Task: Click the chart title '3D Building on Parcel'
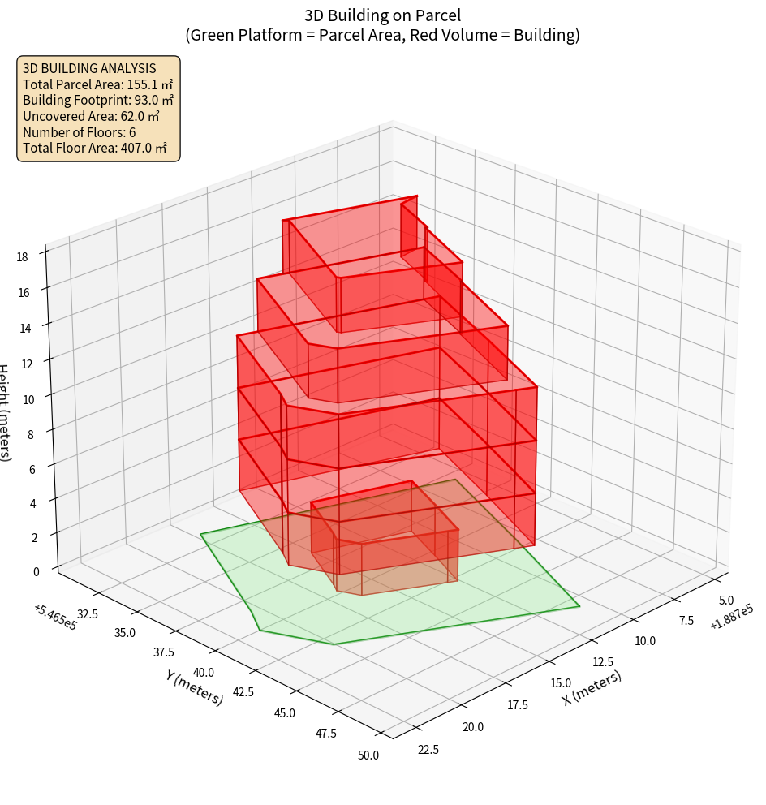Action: tap(383, 15)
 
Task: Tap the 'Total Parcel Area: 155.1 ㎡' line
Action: tap(98, 84)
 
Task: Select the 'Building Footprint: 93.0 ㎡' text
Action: tap(98, 101)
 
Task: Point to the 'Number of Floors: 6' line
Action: tap(80, 132)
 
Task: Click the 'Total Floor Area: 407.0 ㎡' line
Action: tap(95, 149)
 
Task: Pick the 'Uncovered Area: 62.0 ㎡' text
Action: tap(91, 117)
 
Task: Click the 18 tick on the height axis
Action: tap(22, 256)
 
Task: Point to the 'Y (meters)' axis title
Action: tap(195, 687)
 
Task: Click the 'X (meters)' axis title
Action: tap(592, 687)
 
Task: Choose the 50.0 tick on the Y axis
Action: tap(368, 755)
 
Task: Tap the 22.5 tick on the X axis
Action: tap(427, 749)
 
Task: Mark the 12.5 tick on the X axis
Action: tap(603, 662)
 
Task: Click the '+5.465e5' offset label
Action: tap(55, 617)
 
